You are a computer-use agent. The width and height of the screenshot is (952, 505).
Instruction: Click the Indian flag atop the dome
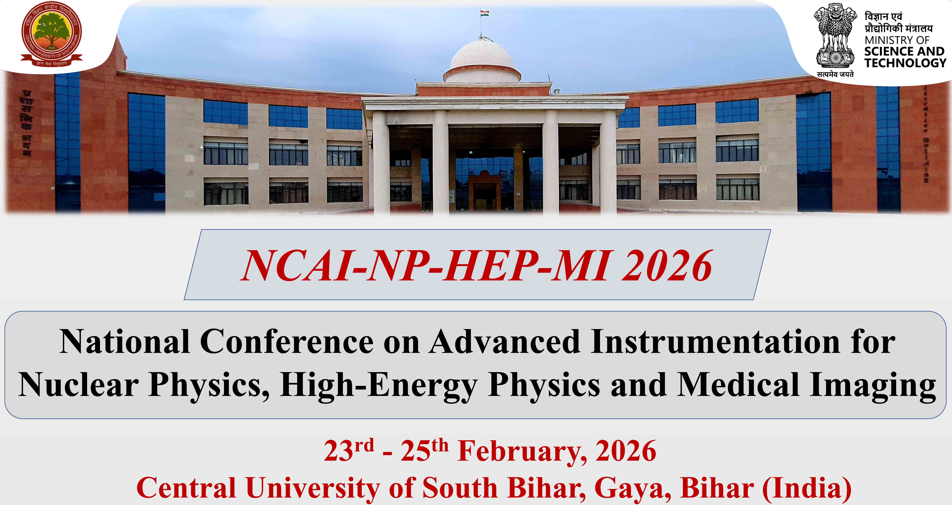[x=485, y=14]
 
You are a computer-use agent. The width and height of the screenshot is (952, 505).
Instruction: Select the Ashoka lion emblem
[x=835, y=37]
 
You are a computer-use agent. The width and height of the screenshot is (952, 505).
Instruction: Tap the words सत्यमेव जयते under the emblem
[x=835, y=74]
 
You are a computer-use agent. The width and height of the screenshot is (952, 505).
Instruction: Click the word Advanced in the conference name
[x=504, y=342]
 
